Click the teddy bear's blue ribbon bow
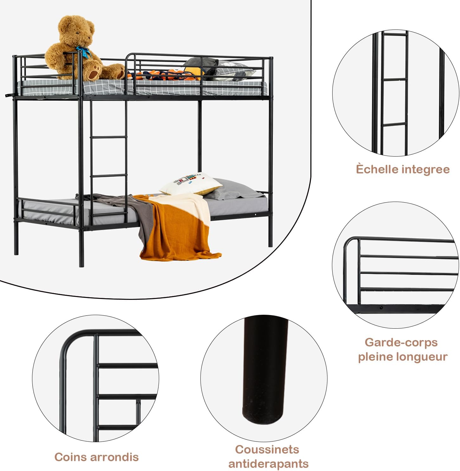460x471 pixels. (x=83, y=51)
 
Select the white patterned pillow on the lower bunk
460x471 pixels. (x=191, y=183)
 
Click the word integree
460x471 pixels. (x=425, y=170)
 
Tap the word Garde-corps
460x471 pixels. (x=401, y=343)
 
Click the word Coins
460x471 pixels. (x=70, y=457)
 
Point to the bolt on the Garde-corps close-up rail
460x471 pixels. (x=381, y=308)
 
